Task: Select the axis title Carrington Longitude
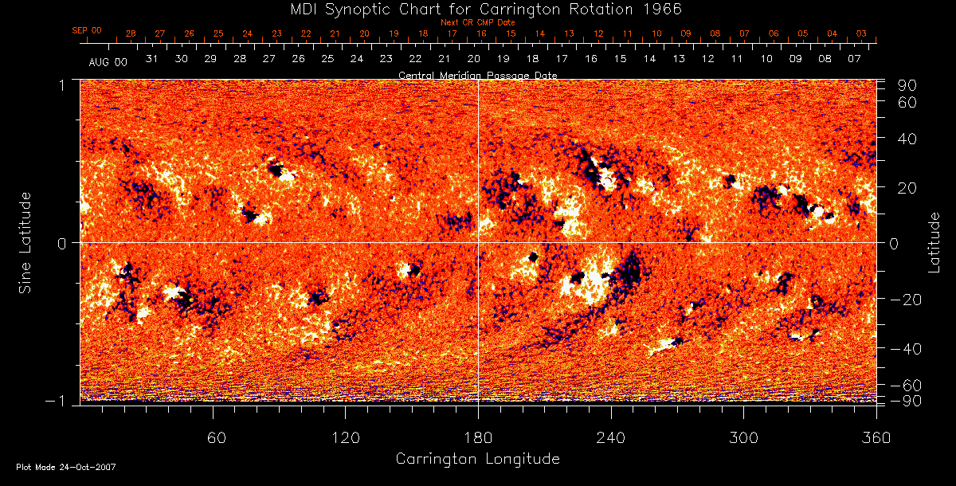(x=477, y=459)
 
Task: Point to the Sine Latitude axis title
(x=25, y=242)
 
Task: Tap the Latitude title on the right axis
(x=934, y=242)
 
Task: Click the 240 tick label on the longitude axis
(x=611, y=438)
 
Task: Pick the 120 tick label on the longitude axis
(x=345, y=438)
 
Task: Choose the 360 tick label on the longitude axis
(x=876, y=438)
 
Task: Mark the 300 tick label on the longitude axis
(x=743, y=438)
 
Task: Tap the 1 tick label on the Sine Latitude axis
(x=61, y=83)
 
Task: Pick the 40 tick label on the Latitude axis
(x=907, y=139)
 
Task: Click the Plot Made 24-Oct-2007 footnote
(x=66, y=467)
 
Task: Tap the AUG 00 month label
(x=108, y=61)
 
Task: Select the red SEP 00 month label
(x=87, y=30)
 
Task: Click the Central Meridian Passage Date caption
(x=477, y=75)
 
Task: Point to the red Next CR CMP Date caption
(x=477, y=22)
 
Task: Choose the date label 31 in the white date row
(x=152, y=59)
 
